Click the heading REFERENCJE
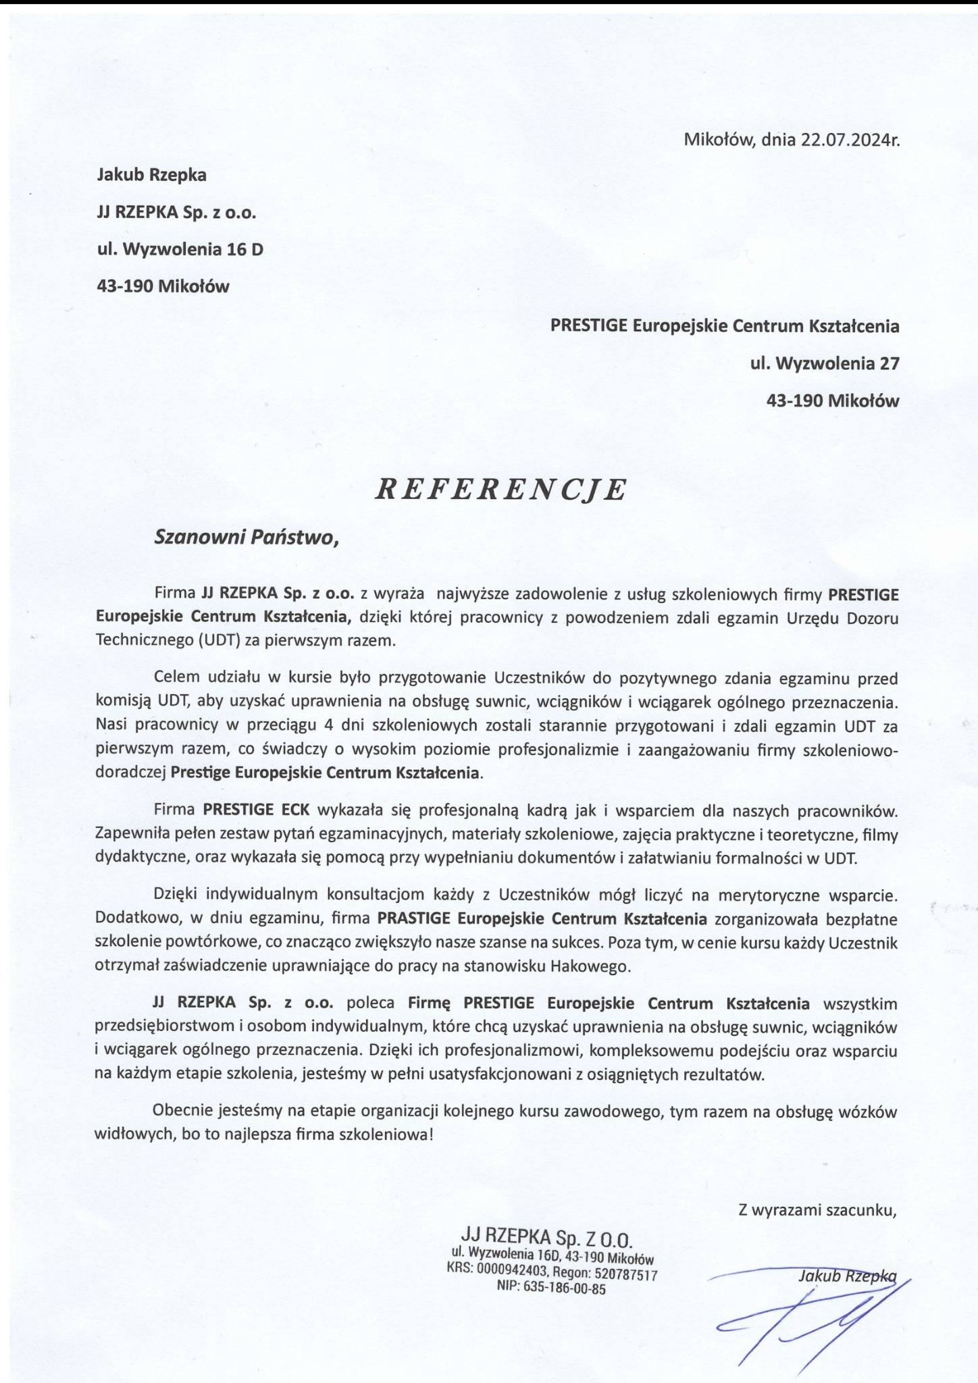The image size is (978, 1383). pyautogui.click(x=500, y=490)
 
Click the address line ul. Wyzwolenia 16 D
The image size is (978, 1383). pyautogui.click(x=180, y=249)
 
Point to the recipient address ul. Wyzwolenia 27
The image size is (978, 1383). pyautogui.click(x=825, y=364)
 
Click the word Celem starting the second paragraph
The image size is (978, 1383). pyautogui.click(x=176, y=677)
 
